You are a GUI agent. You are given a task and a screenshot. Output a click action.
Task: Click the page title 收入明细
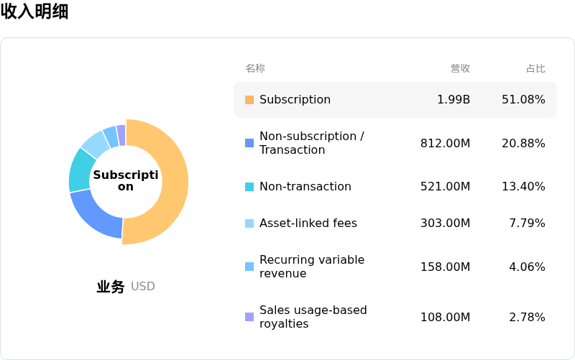[x=34, y=12]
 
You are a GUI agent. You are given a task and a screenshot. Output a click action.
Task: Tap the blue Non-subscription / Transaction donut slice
[x=97, y=216]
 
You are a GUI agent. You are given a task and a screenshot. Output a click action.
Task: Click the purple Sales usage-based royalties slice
[x=121, y=134]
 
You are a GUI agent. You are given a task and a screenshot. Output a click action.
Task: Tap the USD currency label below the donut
[x=143, y=287]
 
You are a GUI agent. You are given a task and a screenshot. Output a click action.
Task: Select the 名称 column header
[x=255, y=68]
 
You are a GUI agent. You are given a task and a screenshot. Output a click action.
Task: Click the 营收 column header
[x=460, y=68]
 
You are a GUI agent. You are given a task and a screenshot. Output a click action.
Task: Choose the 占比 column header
[x=535, y=68]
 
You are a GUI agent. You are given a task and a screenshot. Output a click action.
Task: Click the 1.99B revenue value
[x=454, y=100]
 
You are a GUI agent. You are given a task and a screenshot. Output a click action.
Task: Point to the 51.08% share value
[x=523, y=100]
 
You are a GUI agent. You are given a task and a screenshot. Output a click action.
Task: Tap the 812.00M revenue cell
[x=446, y=144]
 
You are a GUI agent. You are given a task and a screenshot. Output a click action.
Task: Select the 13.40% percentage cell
[x=523, y=187]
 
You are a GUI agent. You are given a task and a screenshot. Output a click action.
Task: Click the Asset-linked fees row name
[x=308, y=223]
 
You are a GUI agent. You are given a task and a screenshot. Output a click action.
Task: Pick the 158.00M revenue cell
[x=446, y=267]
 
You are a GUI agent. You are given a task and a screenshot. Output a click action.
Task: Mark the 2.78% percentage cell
[x=527, y=318]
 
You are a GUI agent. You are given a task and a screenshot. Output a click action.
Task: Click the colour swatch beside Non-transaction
[x=249, y=187]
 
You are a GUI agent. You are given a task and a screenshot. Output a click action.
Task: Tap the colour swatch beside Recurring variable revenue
[x=249, y=267]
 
